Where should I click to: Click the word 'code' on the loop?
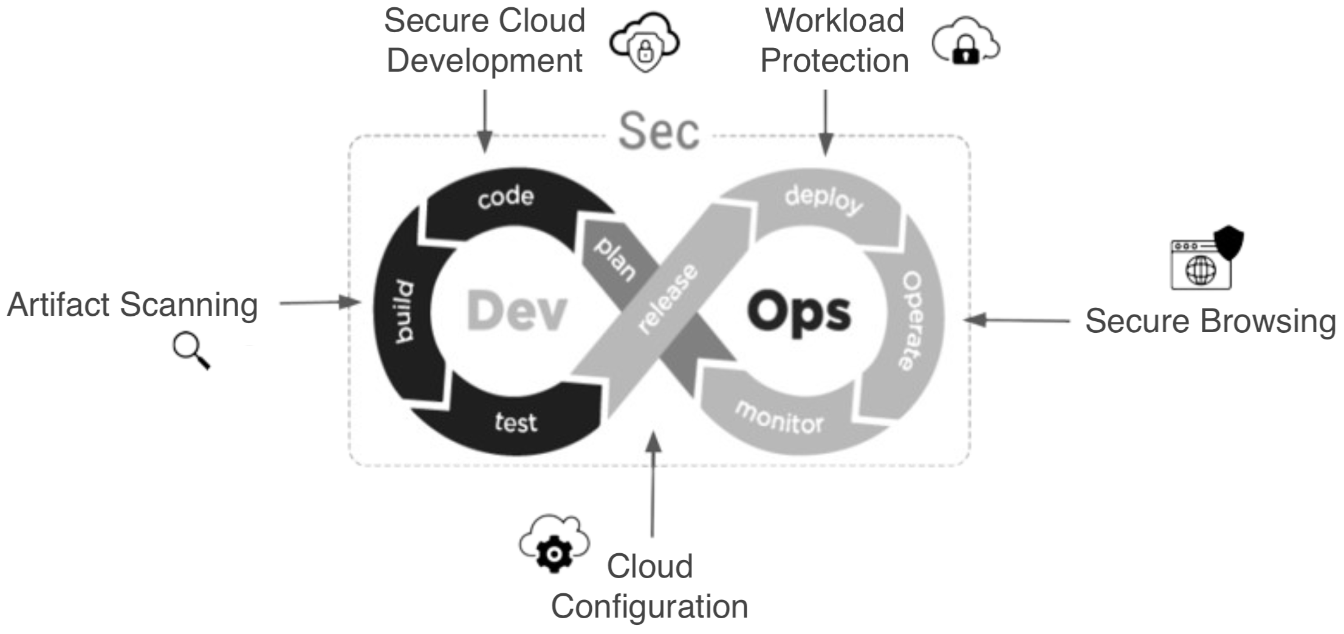pyautogui.click(x=506, y=197)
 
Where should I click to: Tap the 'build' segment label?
pyautogui.click(x=404, y=312)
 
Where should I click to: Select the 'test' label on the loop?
pyautogui.click(x=516, y=422)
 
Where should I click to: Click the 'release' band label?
pyautogui.click(x=668, y=299)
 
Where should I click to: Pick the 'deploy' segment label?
pyautogui.click(x=824, y=200)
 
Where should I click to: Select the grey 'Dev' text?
pyautogui.click(x=516, y=312)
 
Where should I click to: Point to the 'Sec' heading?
pyautogui.click(x=659, y=132)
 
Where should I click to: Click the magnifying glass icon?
pyautogui.click(x=191, y=351)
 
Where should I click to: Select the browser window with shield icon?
pyautogui.click(x=1207, y=257)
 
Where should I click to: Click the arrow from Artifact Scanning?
pyautogui.click(x=320, y=302)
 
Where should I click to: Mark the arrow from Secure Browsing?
pyautogui.click(x=1017, y=320)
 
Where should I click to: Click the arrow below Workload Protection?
pyautogui.click(x=825, y=121)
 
